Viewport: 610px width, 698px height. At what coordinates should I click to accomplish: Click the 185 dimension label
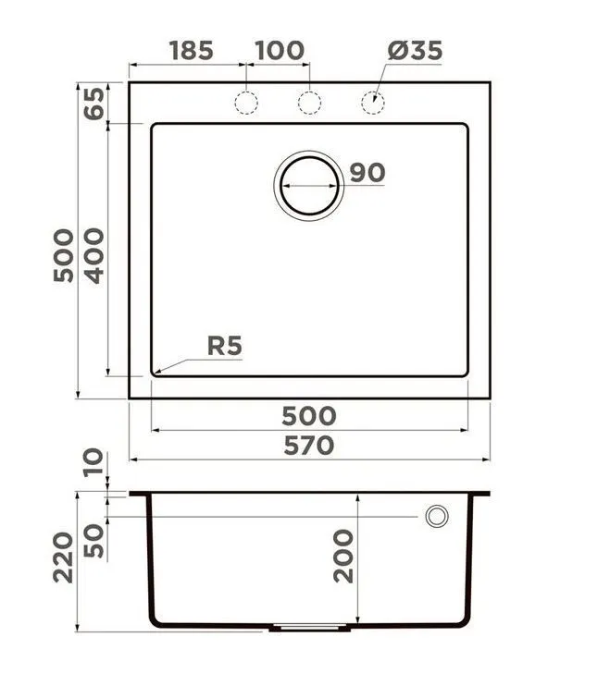point(192,50)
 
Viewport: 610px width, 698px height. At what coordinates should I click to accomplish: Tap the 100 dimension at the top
point(280,50)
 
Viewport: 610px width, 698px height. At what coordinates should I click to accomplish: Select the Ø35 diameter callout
point(415,50)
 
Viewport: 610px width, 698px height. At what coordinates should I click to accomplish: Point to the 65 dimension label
point(94,104)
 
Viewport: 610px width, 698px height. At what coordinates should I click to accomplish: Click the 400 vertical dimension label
point(94,256)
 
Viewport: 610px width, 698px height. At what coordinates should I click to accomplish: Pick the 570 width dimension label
point(309,446)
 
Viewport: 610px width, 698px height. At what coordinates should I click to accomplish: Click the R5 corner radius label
point(225,346)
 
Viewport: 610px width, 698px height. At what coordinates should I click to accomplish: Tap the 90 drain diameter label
point(367,173)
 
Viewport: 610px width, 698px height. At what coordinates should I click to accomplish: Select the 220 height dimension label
point(63,557)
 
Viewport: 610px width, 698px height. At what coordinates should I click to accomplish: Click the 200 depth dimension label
point(343,556)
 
